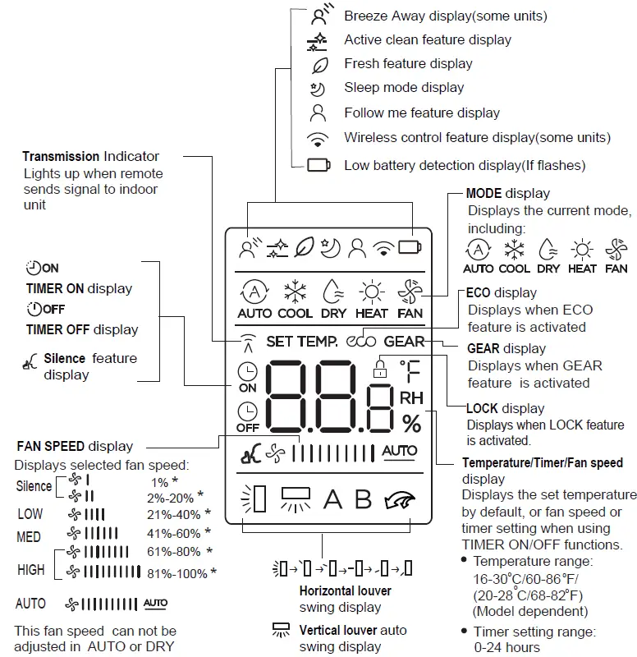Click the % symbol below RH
tap(411, 424)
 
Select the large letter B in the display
tap(363, 499)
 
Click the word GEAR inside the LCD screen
tap(404, 342)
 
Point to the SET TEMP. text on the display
tap(301, 342)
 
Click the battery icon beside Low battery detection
tap(318, 165)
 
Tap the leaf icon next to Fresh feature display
tap(318, 64)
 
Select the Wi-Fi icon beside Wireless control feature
tap(318, 138)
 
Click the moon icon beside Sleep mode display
tap(318, 88)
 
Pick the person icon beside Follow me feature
tap(318, 113)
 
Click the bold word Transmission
tap(61, 156)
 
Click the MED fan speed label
tap(30, 536)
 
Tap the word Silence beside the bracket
tap(34, 486)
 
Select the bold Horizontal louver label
tap(346, 590)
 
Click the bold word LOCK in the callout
tap(482, 408)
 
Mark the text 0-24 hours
tap(507, 646)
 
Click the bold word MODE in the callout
tap(483, 194)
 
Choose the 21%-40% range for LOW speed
tap(172, 515)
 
